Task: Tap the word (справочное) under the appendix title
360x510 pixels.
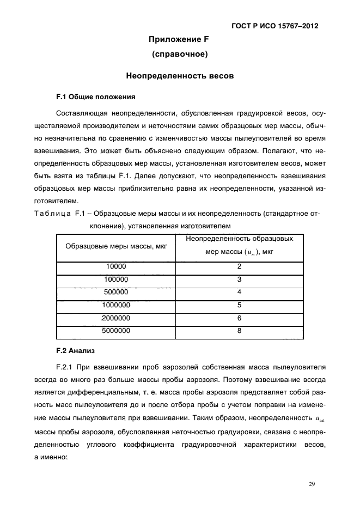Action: [179, 54]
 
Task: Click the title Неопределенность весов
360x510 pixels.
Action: [180, 76]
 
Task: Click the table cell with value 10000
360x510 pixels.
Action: [116, 267]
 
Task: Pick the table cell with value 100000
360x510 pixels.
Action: [116, 280]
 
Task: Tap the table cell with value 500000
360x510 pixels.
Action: [116, 292]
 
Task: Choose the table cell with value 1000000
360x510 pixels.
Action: [116, 305]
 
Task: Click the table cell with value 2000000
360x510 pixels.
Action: [116, 318]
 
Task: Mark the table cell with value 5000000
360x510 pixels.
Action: [116, 330]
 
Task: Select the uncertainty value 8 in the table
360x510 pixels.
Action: [239, 330]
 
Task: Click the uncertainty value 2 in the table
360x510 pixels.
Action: [239, 267]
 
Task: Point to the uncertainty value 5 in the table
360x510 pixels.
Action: [239, 305]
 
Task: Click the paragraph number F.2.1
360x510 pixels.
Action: [66, 366]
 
